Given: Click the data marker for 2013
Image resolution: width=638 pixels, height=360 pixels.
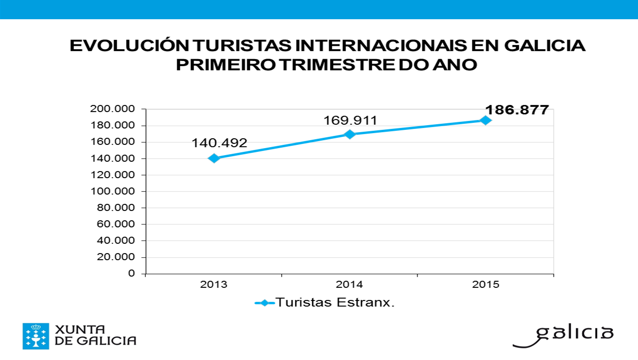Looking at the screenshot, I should click(214, 158).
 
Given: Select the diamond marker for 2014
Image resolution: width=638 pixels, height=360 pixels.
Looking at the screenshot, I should click(350, 134).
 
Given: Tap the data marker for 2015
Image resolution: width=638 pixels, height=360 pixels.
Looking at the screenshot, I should click(486, 120).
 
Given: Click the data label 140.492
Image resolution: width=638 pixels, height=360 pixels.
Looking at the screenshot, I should click(219, 143).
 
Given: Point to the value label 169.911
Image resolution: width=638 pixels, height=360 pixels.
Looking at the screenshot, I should click(350, 120).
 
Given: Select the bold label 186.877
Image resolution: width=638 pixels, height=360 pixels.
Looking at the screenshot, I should click(517, 110).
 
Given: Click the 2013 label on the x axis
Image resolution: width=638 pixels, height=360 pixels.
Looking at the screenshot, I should click(214, 285).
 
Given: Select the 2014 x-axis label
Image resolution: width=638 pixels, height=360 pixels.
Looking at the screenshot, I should click(350, 285).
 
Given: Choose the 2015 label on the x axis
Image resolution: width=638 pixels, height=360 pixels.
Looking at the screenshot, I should click(486, 285).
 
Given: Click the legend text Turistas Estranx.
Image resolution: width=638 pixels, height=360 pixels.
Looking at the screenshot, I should click(335, 302).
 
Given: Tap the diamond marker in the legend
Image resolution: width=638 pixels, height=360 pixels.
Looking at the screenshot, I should click(265, 303).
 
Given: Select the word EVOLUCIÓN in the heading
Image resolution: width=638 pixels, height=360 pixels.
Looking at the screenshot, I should click(129, 46).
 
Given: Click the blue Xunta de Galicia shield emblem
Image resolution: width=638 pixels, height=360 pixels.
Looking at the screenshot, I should click(36, 336).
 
